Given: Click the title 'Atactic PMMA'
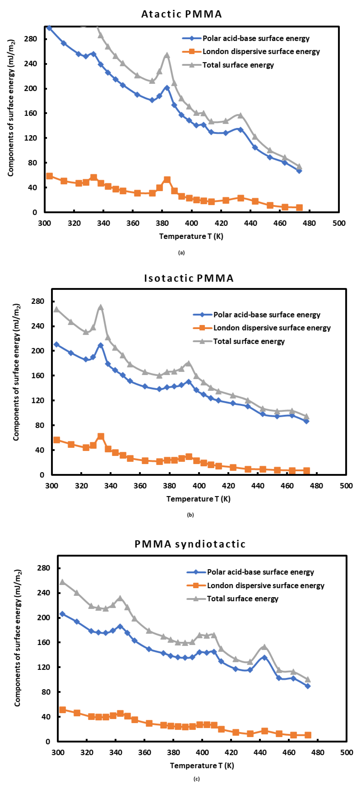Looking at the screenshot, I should click(x=181, y=14).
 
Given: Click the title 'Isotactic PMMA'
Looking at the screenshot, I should click(x=189, y=278).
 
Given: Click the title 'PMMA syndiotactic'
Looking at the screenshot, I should click(x=190, y=544).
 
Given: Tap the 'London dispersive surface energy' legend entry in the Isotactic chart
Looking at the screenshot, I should click(x=272, y=328).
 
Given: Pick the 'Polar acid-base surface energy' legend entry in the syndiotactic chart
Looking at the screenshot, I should click(x=260, y=572).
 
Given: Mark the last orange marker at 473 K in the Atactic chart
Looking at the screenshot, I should click(x=299, y=207).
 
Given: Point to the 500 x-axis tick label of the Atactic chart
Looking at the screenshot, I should click(x=339, y=223).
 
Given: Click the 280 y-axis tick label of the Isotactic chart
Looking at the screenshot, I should click(x=38, y=301).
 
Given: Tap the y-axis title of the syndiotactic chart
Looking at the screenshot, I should click(x=18, y=638).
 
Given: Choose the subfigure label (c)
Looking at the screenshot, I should click(x=197, y=779).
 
